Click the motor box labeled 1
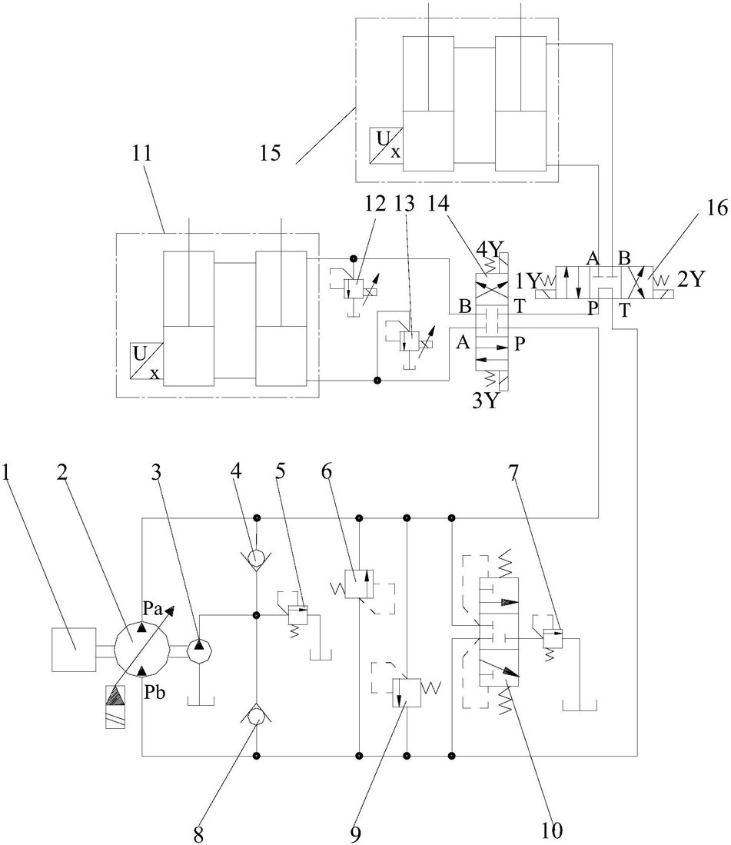74,650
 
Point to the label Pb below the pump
155,693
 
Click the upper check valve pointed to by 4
258,556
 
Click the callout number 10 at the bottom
552,830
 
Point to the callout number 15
271,153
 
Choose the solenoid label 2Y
691,279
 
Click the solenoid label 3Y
484,401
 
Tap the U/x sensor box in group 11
147,361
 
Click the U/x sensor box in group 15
387,145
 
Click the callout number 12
375,203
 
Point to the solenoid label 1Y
527,281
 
